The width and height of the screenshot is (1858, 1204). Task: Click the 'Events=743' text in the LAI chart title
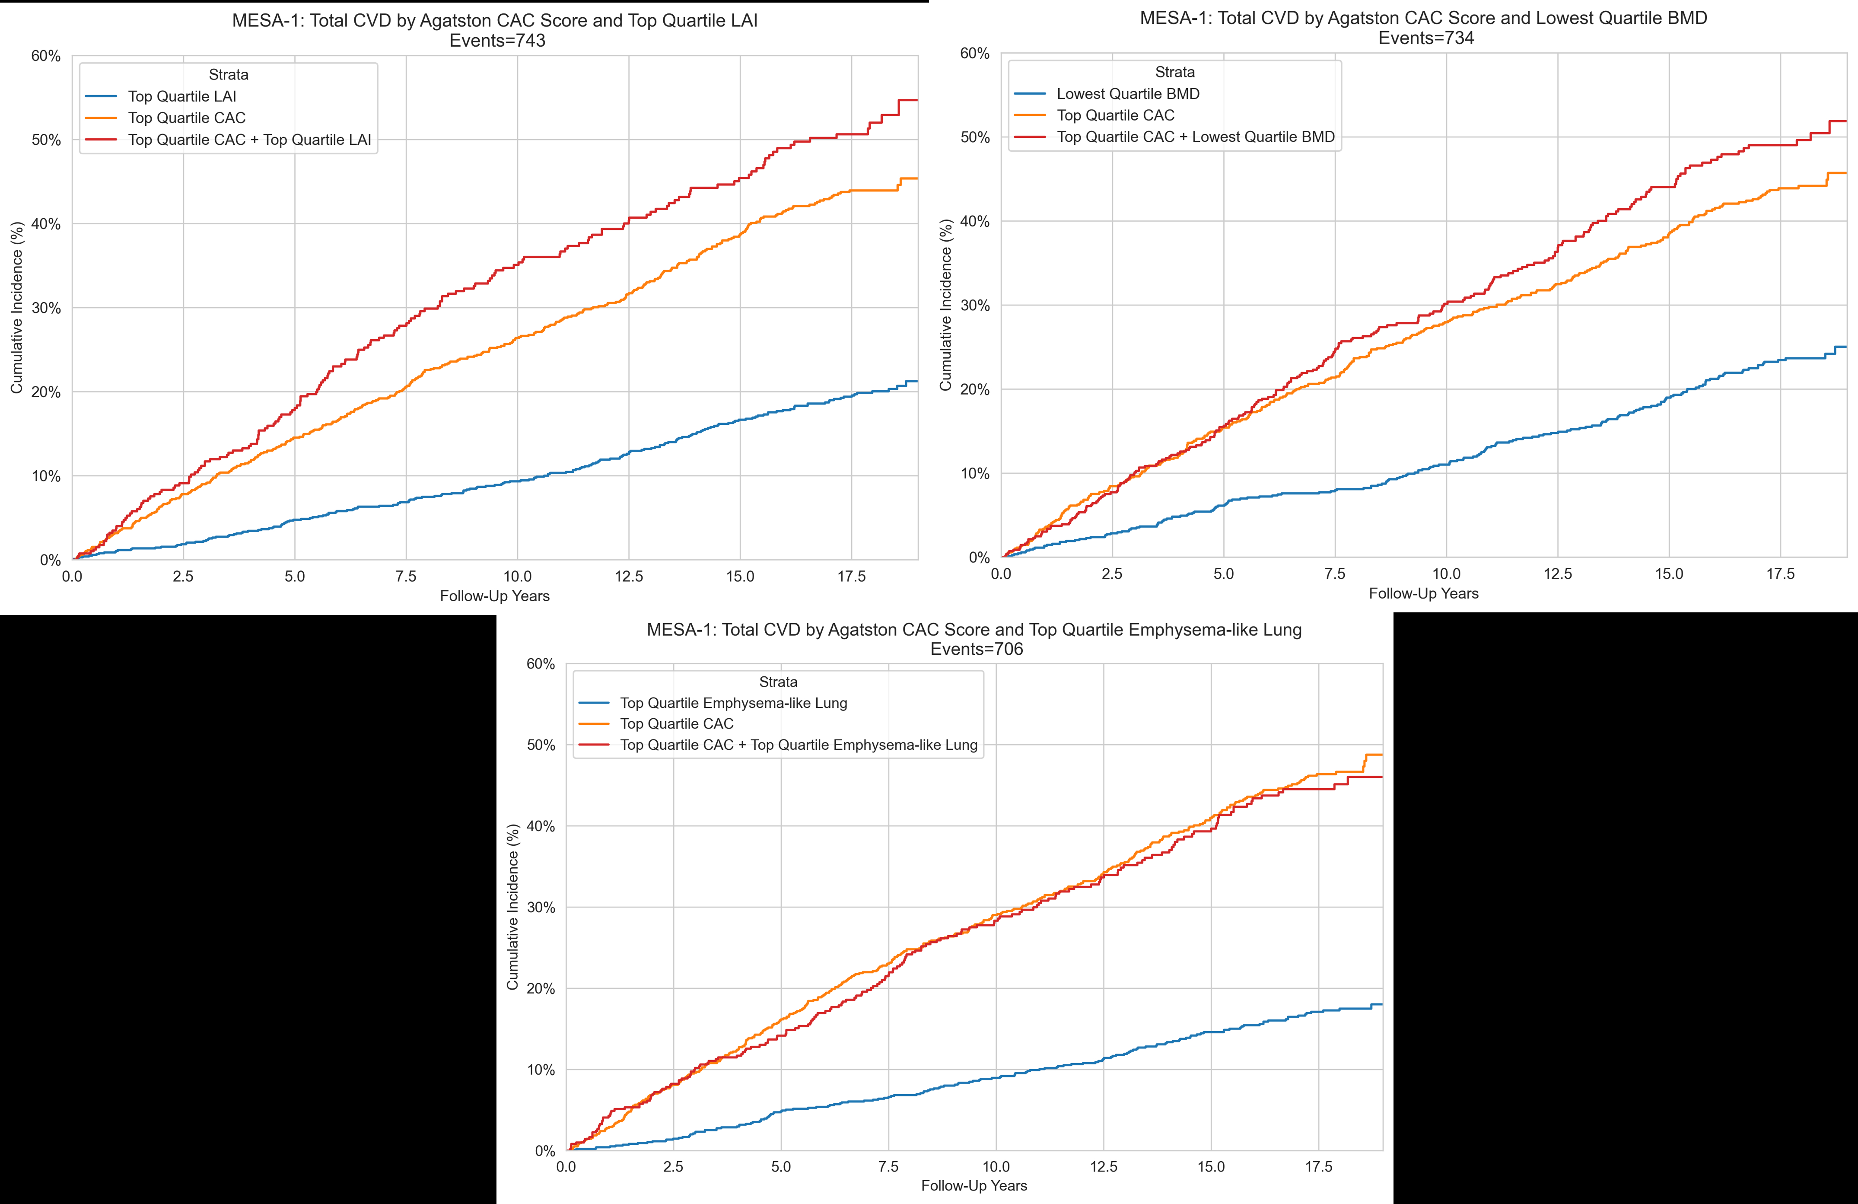497,41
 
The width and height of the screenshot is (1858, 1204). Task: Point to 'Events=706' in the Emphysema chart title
976,649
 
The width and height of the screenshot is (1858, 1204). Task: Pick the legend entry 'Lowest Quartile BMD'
1127,94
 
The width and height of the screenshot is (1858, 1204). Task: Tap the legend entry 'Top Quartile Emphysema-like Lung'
733,703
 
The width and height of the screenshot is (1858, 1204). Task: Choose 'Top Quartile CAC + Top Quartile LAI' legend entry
249,140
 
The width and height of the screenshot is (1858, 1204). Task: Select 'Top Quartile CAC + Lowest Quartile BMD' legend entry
1195,137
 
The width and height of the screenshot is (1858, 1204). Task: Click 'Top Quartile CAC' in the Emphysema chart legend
676,724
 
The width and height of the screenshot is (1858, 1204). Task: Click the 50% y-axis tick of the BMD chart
974,137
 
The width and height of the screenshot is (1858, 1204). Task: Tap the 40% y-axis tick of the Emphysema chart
540,826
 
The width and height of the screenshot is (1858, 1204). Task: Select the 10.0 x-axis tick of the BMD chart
1446,574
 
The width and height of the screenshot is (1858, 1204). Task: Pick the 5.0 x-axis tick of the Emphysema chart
781,1166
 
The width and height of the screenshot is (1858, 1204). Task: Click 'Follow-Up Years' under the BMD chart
1423,593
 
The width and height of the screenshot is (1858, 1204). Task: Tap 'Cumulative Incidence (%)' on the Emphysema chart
513,907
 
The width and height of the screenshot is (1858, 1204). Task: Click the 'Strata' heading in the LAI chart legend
228,75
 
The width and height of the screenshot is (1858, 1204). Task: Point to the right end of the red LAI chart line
916,100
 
